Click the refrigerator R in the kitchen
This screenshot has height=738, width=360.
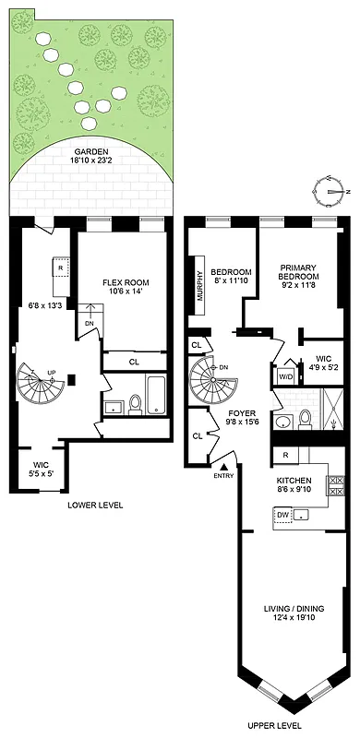point(287,456)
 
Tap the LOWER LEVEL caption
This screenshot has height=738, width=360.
point(95,506)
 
